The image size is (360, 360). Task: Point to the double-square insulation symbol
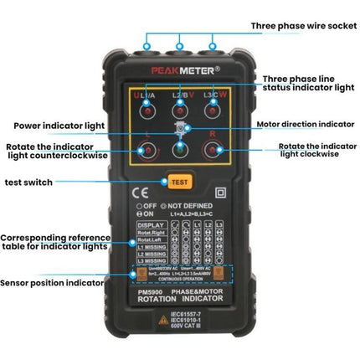coord(222,189)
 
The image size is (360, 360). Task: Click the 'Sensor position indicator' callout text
coord(54,284)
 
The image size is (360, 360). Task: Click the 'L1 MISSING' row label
coord(152,249)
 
